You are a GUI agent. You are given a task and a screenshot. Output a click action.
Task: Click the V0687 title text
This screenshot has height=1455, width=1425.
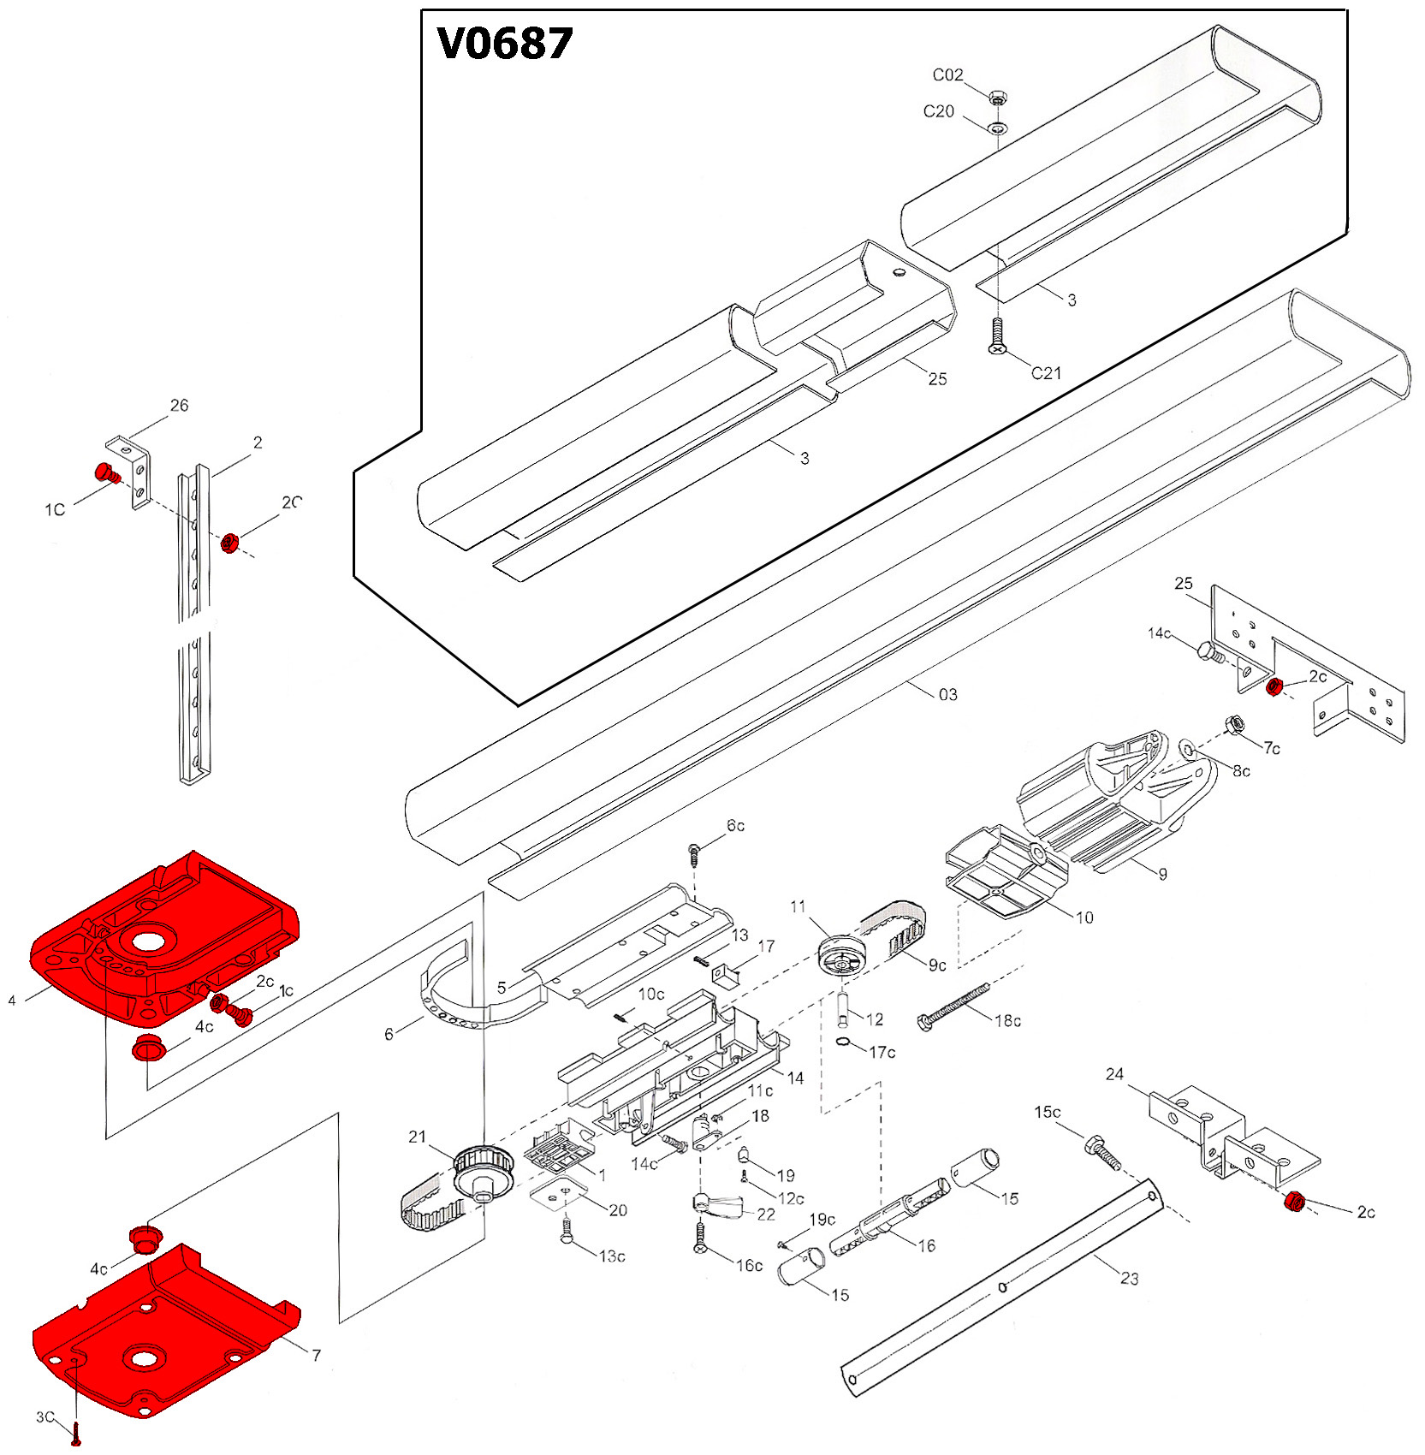pos(504,44)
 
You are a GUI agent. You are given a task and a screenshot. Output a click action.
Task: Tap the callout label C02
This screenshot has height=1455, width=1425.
pos(947,75)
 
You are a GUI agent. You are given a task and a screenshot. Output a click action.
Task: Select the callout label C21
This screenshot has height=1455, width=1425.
pos(1046,373)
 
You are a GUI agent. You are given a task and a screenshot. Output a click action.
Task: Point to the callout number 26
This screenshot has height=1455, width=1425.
pos(179,406)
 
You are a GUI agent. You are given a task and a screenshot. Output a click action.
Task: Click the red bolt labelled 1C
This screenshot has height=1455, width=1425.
pos(106,472)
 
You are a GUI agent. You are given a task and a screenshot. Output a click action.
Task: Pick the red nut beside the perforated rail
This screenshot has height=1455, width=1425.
pos(229,543)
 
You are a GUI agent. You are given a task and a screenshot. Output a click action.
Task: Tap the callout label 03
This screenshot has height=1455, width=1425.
pos(947,694)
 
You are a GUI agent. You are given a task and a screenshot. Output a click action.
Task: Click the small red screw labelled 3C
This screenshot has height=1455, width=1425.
pos(76,1430)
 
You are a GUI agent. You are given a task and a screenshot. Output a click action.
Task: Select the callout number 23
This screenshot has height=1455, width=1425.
pos(1130,1278)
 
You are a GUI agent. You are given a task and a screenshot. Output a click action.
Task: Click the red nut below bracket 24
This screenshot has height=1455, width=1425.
pos(1295,1203)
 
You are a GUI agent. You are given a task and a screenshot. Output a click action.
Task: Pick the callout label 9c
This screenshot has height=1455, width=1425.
pos(937,965)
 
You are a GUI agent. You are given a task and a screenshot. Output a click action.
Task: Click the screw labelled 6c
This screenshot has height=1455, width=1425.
pos(694,852)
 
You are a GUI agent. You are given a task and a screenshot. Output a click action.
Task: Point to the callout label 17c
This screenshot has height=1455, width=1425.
pos(882,1052)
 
